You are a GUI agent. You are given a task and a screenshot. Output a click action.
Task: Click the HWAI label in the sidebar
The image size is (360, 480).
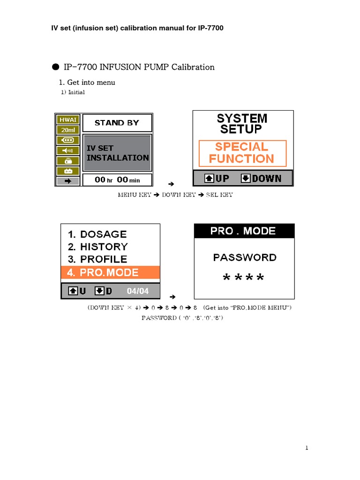pyautogui.click(x=68, y=120)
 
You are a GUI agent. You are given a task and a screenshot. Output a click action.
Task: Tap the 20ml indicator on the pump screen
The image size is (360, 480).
pyautogui.click(x=68, y=130)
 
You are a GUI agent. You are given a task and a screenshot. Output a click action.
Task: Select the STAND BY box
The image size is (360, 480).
pyautogui.click(x=117, y=123)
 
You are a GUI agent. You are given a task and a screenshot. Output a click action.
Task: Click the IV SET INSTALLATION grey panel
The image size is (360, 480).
pyautogui.click(x=117, y=153)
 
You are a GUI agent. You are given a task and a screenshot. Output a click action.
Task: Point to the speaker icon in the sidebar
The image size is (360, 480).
pyautogui.click(x=68, y=150)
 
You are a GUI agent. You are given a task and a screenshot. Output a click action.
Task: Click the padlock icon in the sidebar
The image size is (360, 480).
pyautogui.click(x=68, y=160)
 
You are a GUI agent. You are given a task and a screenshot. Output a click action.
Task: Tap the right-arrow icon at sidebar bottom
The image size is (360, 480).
pyautogui.click(x=68, y=180)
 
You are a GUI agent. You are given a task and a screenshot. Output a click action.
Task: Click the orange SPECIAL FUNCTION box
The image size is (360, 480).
pyautogui.click(x=242, y=153)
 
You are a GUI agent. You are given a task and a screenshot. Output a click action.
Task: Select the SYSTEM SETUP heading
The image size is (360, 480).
pyautogui.click(x=242, y=123)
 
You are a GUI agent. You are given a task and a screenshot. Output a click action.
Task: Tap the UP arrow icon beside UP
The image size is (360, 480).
pyautogui.click(x=209, y=179)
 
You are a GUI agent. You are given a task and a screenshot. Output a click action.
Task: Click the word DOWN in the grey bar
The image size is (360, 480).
pyautogui.click(x=267, y=179)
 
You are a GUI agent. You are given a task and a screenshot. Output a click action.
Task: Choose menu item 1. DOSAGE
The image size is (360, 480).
pyautogui.click(x=97, y=234)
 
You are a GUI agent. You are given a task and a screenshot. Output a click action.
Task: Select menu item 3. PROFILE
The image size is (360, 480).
pyautogui.click(x=97, y=259)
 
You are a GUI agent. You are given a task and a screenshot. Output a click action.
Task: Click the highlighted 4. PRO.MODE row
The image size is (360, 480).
pyautogui.click(x=111, y=272)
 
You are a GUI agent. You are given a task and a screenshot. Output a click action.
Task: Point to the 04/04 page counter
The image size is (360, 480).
pyautogui.click(x=138, y=291)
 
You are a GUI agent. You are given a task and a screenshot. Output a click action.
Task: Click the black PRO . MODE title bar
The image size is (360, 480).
pyautogui.click(x=244, y=231)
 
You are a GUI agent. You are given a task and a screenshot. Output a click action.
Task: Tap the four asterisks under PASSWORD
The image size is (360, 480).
pyautogui.click(x=244, y=278)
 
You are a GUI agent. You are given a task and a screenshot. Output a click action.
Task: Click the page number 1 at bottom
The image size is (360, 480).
pyautogui.click(x=307, y=449)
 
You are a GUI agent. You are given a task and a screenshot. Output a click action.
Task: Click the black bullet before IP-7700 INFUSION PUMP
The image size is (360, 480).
pyautogui.click(x=55, y=67)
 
